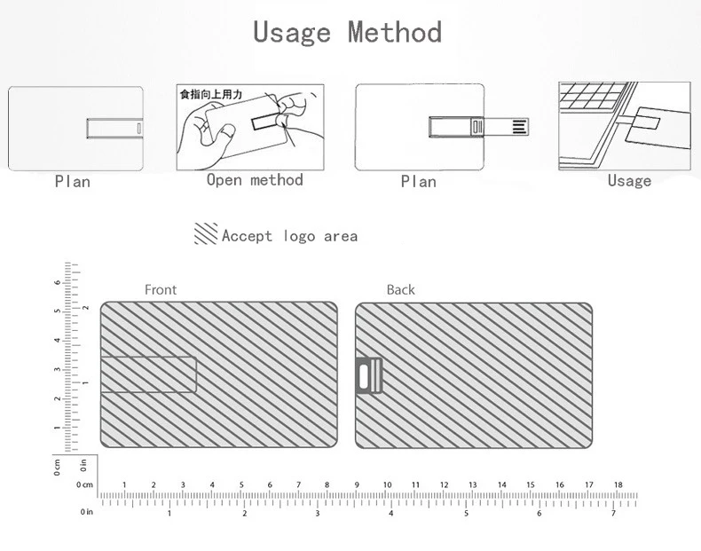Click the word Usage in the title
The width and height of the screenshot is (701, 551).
(292, 33)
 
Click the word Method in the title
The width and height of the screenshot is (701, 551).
(395, 33)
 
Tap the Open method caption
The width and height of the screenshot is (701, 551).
(255, 180)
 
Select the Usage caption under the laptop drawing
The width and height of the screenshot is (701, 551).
(629, 180)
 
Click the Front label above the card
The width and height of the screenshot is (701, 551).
(161, 289)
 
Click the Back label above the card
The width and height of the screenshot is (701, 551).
(400, 289)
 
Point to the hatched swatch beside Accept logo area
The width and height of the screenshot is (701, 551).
(206, 234)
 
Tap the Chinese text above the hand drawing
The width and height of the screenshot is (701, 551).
(211, 93)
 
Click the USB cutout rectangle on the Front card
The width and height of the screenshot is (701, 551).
(148, 374)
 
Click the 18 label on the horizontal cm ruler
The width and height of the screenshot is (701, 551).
(618, 484)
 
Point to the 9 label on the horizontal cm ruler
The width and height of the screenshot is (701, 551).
(357, 484)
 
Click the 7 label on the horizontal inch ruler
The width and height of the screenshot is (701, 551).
(612, 514)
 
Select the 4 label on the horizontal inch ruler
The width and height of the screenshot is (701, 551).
(391, 514)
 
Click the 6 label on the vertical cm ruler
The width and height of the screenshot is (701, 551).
(58, 282)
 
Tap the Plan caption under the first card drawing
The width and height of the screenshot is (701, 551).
(72, 181)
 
